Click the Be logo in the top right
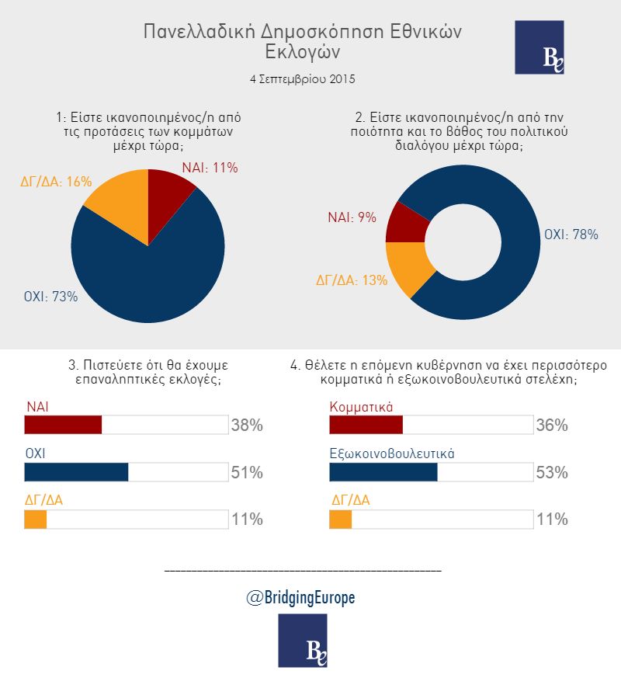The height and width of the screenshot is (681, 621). (x=539, y=47)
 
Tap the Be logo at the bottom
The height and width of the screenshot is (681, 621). (x=302, y=640)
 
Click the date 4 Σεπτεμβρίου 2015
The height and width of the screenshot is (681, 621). (x=303, y=79)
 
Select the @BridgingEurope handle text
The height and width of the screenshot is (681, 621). (x=303, y=597)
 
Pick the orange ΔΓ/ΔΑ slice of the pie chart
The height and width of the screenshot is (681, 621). (x=120, y=210)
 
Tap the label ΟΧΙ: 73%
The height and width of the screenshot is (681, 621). (x=51, y=296)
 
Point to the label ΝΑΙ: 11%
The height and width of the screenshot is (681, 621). (x=210, y=168)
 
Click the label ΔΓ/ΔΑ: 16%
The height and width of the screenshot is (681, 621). (x=56, y=181)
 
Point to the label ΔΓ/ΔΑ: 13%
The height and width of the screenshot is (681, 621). (x=350, y=280)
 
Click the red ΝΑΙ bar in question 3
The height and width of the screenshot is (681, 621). (x=64, y=426)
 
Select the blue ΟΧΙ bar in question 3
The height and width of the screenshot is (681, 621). (x=76, y=472)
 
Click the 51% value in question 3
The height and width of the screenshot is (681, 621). (x=247, y=473)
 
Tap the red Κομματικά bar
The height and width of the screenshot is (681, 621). (x=366, y=426)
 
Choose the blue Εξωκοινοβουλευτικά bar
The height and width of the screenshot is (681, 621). (x=383, y=472)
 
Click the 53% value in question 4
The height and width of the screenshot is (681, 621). (x=552, y=473)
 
